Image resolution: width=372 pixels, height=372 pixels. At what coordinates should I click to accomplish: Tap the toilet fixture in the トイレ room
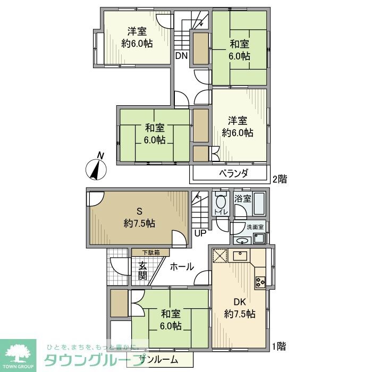pyautogui.click(x=220, y=202)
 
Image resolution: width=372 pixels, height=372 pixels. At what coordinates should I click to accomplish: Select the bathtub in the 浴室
pyautogui.click(x=259, y=204)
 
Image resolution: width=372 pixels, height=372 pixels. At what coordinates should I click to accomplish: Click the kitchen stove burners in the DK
pyautogui.click(x=260, y=282)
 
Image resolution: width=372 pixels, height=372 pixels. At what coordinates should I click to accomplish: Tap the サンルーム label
pyautogui.click(x=159, y=360)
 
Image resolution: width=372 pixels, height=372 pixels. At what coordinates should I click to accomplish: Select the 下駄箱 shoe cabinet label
pyautogui.click(x=151, y=252)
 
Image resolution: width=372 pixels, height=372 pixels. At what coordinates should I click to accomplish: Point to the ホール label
pyautogui.click(x=182, y=267)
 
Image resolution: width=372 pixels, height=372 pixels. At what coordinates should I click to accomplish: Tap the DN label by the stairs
pyautogui.click(x=181, y=55)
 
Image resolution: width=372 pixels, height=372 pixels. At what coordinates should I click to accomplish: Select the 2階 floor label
pyautogui.click(x=280, y=179)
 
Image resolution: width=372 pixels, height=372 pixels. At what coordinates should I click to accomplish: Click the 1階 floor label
pyautogui.click(x=278, y=346)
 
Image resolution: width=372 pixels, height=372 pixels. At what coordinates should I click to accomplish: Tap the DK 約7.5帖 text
pyautogui.click(x=240, y=308)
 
